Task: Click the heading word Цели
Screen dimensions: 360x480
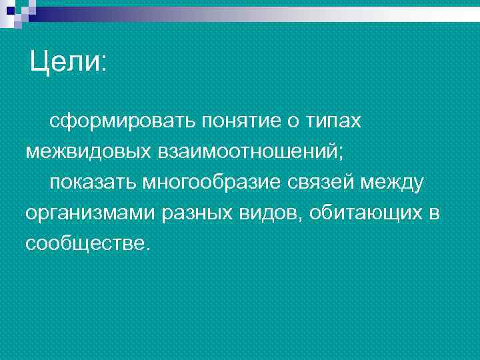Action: (64, 63)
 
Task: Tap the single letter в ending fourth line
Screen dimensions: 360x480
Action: (435, 213)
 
